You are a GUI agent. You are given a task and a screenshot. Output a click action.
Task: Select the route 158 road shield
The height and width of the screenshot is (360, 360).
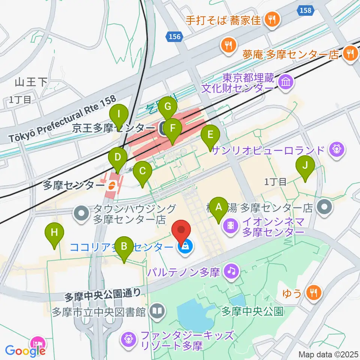pyautogui.click(x=306, y=10)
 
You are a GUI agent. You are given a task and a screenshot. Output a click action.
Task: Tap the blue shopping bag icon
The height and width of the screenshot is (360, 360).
pyautogui.click(x=185, y=246)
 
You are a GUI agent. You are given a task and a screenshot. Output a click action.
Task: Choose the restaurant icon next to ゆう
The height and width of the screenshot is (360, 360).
pyautogui.click(x=312, y=292)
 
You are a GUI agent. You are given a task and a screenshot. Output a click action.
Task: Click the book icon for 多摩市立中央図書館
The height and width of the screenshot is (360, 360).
pyautogui.click(x=156, y=311)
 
